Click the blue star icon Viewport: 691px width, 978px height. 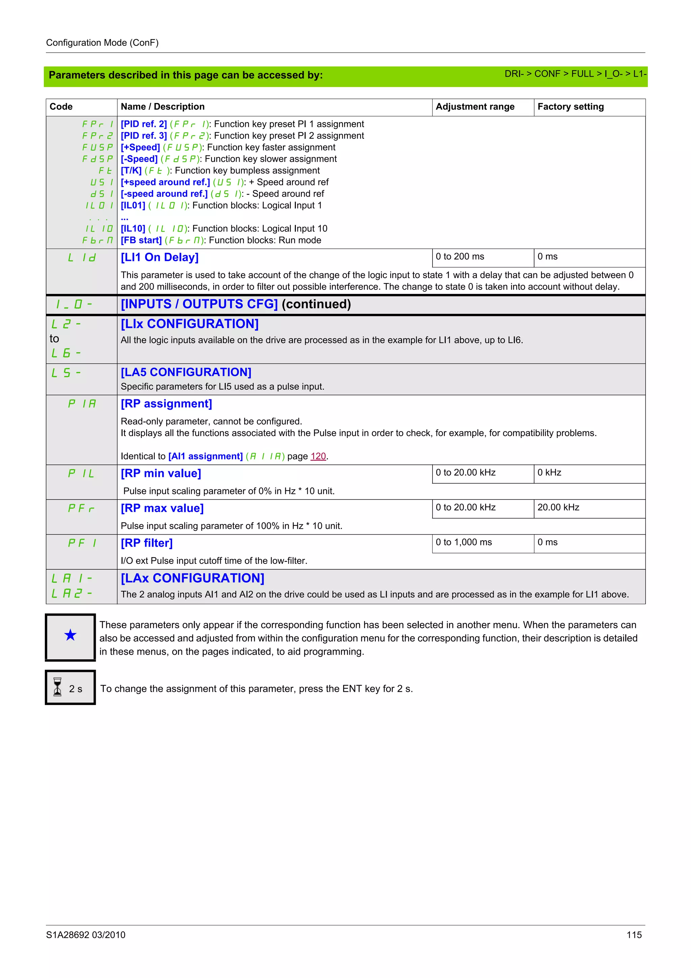(70, 635)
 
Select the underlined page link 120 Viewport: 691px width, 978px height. (318, 456)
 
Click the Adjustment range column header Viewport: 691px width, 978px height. (475, 107)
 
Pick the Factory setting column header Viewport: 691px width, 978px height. (570, 107)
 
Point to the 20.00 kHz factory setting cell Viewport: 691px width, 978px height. (558, 507)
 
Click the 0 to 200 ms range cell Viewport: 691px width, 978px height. (460, 256)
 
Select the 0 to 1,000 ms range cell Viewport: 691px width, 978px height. (464, 542)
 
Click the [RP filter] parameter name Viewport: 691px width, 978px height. (146, 543)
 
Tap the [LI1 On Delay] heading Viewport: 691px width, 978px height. (160, 257)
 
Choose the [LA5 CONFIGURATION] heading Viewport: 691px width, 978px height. (186, 372)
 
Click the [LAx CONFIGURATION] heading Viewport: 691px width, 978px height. (192, 578)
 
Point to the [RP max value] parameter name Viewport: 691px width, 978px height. (162, 508)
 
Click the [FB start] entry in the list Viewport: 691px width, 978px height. (141, 240)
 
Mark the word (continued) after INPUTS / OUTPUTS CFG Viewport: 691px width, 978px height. (316, 304)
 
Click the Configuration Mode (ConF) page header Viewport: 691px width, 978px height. (102, 43)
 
